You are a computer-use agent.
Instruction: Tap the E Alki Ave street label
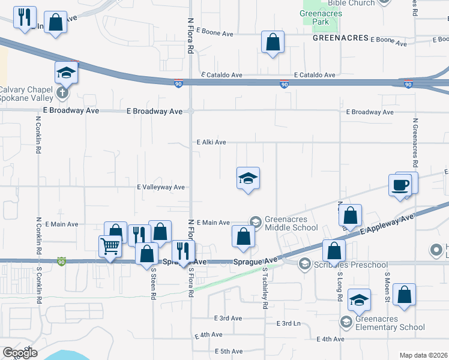coord(211,142)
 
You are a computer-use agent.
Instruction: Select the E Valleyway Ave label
coord(161,187)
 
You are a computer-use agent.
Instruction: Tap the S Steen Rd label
coord(154,283)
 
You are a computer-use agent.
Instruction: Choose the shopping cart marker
coord(110,245)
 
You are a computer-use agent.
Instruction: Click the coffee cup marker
coord(400,184)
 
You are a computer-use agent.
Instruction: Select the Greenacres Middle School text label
coord(291,223)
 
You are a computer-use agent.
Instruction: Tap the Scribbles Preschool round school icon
coord(304,263)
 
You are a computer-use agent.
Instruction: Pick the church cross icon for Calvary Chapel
coord(62,93)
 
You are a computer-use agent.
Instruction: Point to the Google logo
coord(20,353)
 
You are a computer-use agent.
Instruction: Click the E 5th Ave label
coord(228,351)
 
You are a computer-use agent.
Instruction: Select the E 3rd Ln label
coord(289,323)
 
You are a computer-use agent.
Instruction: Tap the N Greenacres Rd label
coord(415,143)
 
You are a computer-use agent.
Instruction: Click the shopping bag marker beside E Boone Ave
coord(273,43)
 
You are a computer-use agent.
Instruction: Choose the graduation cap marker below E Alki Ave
coord(248,178)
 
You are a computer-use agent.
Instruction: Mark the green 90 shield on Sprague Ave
coord(61,261)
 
